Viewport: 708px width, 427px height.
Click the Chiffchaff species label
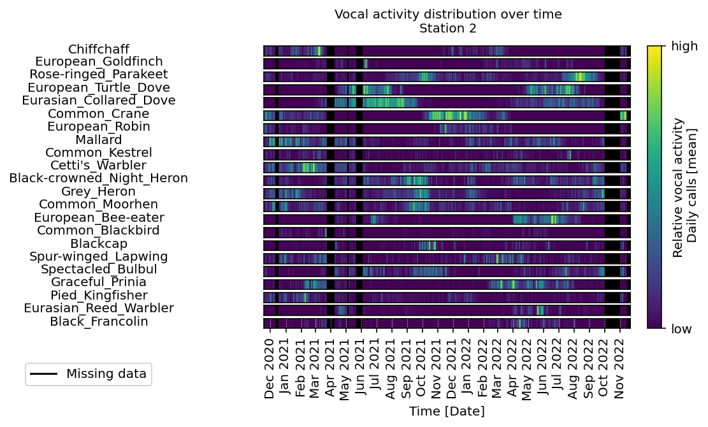[x=98, y=48]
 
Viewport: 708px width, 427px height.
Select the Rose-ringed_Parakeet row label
[x=98, y=75]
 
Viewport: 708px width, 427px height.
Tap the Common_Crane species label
[x=98, y=113]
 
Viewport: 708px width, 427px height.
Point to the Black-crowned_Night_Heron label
[x=98, y=178]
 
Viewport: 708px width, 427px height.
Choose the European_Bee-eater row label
[x=98, y=217]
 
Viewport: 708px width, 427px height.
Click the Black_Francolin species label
[x=98, y=321]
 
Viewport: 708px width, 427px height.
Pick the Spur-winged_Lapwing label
[x=98, y=256]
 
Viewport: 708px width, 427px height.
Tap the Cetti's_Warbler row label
[x=98, y=165]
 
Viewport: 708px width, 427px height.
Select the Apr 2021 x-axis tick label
[x=330, y=368]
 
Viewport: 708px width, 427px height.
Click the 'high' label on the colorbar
[x=684, y=46]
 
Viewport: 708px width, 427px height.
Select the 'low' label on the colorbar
[x=681, y=329]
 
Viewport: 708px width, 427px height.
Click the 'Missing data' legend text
[x=106, y=373]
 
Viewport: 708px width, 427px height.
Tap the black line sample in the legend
[x=43, y=373]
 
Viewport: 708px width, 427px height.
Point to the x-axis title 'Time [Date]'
[x=447, y=411]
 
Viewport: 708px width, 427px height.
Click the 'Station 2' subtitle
[x=447, y=29]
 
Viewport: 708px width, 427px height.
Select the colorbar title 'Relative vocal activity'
[x=678, y=187]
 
